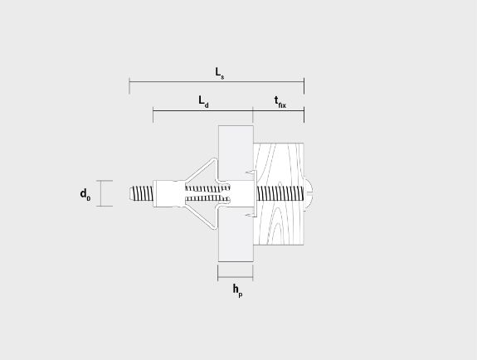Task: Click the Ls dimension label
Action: pyautogui.click(x=220, y=73)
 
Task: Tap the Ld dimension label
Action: pyautogui.click(x=203, y=102)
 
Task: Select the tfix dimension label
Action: pyautogui.click(x=280, y=102)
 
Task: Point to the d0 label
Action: pyautogui.click(x=85, y=194)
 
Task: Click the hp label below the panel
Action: pyautogui.click(x=237, y=290)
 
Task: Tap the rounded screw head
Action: pyautogui.click(x=308, y=194)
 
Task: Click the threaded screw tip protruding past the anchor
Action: pyautogui.click(x=141, y=193)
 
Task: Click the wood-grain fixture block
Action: pyautogui.click(x=279, y=194)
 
